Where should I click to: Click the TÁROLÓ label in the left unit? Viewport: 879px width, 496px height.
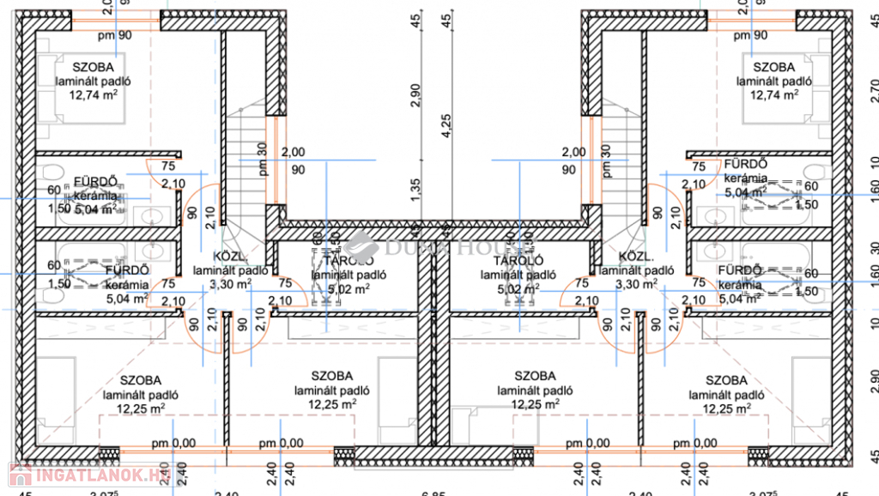(x=348, y=260)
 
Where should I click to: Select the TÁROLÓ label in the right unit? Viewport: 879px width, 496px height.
(x=516, y=260)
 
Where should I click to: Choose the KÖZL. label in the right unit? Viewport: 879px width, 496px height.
(x=636, y=257)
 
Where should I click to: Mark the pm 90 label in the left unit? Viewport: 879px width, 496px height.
(x=114, y=35)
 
